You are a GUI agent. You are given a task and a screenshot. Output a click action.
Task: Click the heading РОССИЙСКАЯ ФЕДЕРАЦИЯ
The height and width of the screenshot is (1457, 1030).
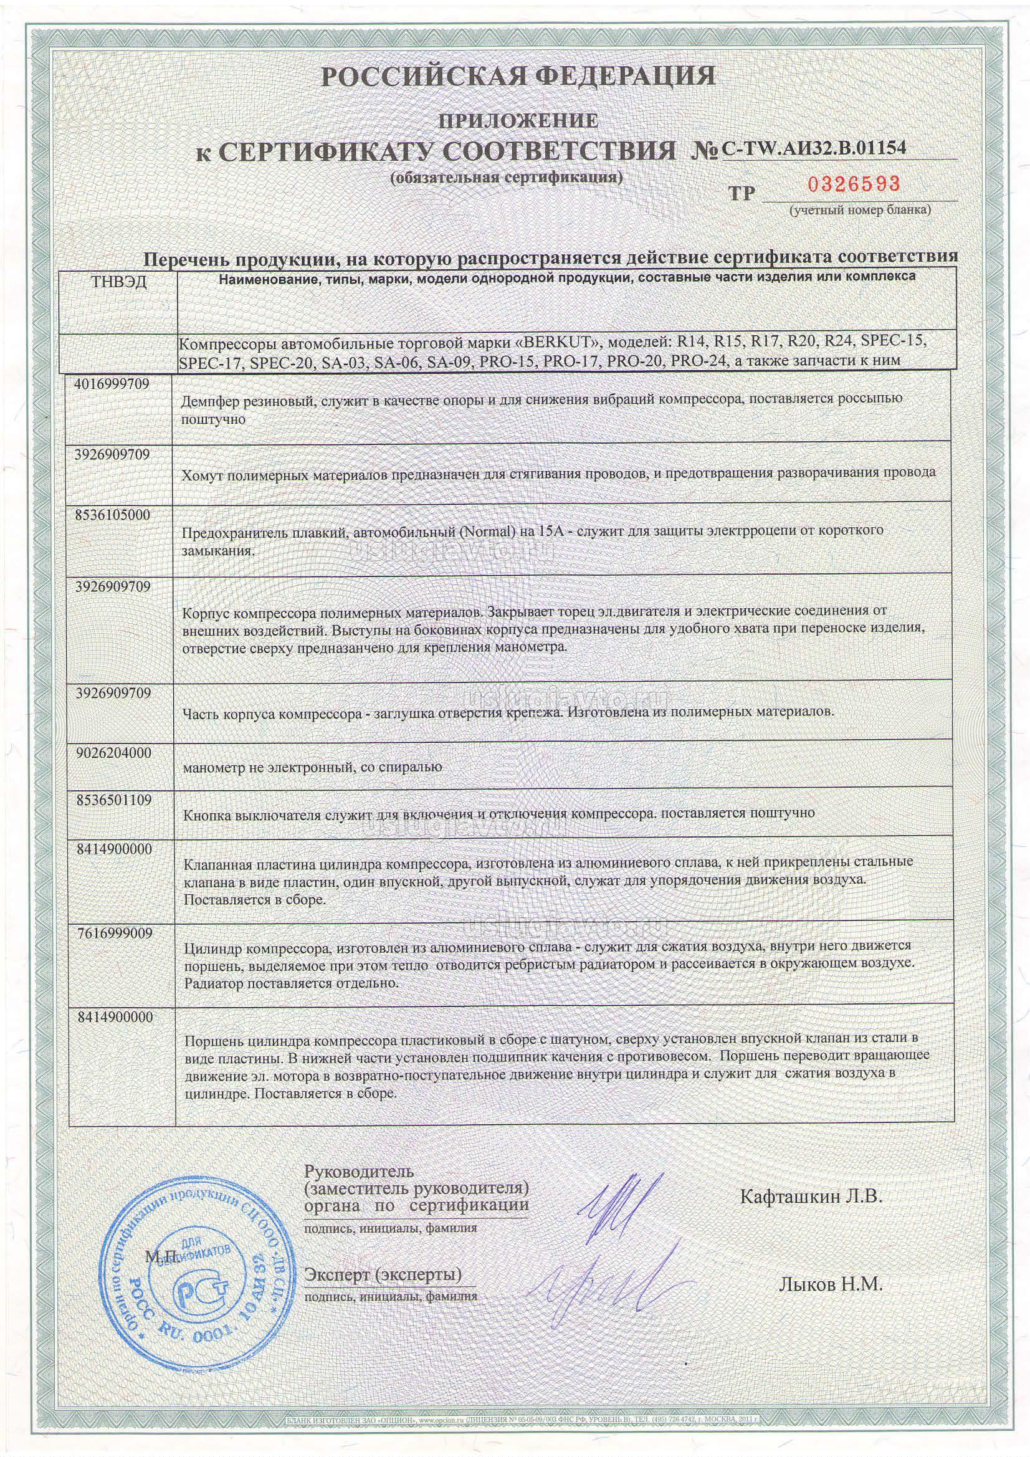point(518,76)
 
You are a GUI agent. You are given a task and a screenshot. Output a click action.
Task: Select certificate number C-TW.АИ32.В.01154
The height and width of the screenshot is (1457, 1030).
point(814,148)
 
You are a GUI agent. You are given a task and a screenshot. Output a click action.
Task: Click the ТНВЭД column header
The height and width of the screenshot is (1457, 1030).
point(119,282)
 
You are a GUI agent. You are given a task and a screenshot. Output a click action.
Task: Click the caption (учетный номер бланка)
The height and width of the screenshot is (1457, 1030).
point(860,210)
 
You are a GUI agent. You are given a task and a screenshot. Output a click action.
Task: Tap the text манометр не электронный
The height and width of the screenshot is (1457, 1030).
point(267,767)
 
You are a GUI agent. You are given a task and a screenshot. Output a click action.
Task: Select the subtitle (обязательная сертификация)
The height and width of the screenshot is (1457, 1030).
point(506,178)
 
